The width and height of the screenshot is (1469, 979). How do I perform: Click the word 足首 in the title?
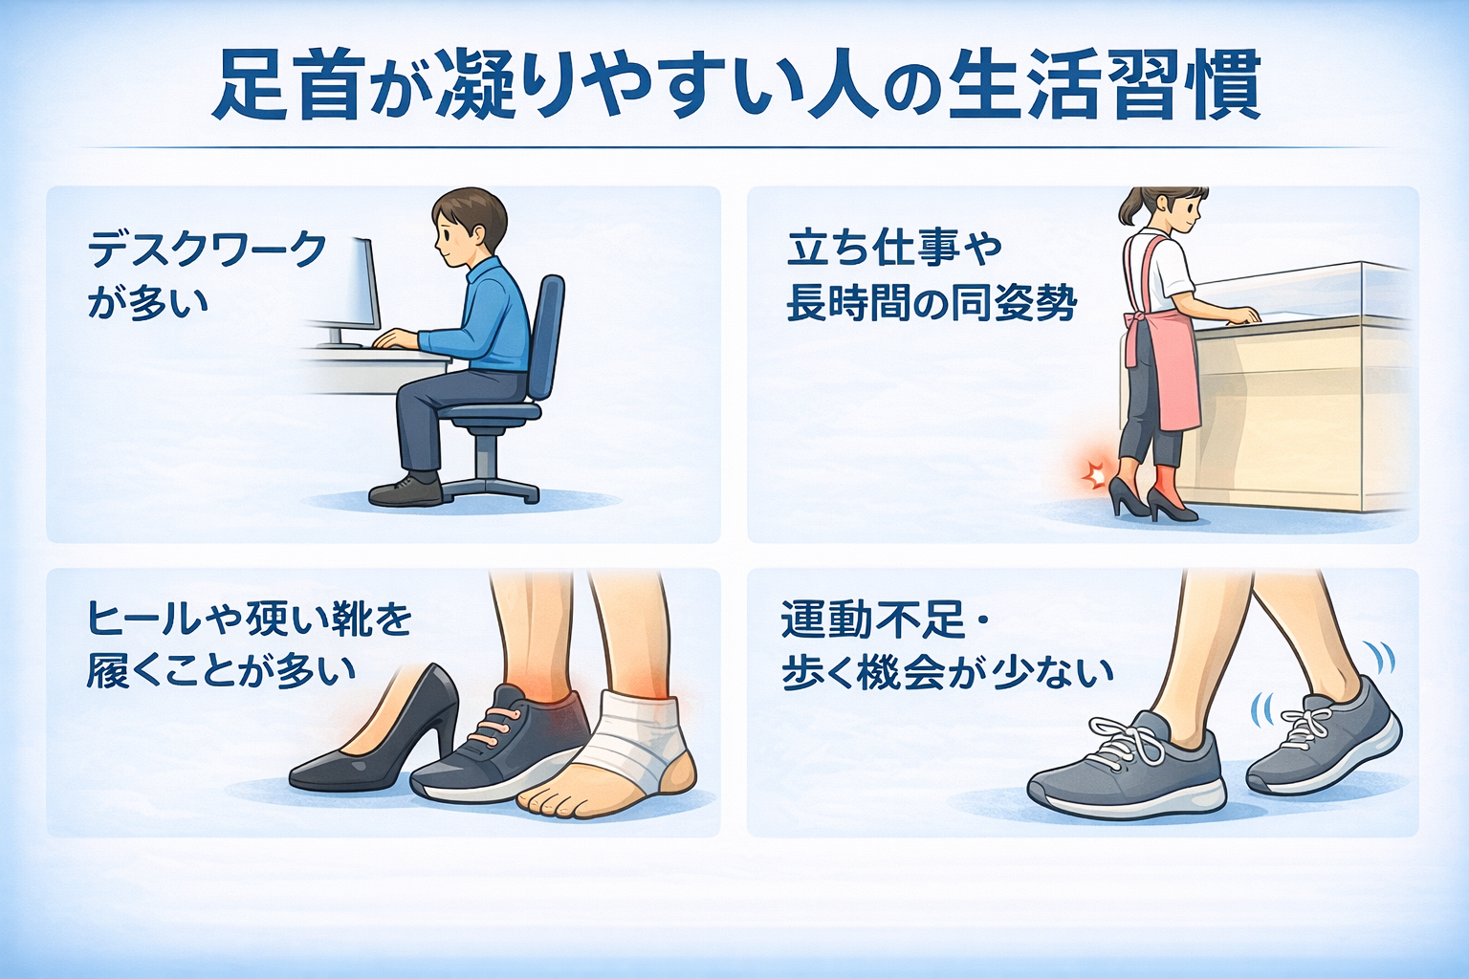click(288, 85)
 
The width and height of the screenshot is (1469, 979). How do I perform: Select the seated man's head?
click(469, 227)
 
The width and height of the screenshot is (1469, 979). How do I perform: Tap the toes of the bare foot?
click(550, 804)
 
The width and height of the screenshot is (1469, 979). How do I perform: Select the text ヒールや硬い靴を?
click(250, 619)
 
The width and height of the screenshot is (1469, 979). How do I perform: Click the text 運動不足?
click(873, 619)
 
